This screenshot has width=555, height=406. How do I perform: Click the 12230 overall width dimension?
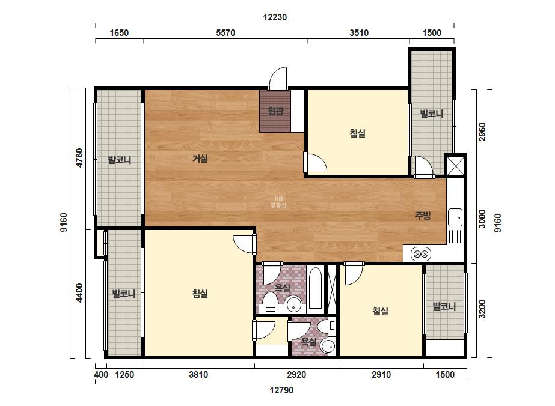[275, 17]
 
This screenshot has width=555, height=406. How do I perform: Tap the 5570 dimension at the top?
[225, 33]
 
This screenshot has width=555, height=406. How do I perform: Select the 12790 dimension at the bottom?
[281, 390]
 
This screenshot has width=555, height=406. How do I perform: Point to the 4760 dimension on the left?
[79, 158]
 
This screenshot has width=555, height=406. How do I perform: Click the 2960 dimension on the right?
[482, 132]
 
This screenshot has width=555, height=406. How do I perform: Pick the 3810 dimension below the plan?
[198, 375]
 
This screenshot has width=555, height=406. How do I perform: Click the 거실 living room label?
[200, 159]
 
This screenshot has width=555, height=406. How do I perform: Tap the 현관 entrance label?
[275, 111]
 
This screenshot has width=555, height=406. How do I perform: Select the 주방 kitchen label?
[423, 216]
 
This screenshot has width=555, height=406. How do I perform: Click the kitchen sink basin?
[455, 217]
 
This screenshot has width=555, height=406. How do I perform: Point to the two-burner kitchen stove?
[420, 254]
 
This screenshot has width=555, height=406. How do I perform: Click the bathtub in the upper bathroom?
[315, 288]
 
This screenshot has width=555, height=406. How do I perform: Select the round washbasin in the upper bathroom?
[294, 305]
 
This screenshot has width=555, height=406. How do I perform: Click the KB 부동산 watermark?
[278, 202]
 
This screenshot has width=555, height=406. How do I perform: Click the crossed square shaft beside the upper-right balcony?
[455, 165]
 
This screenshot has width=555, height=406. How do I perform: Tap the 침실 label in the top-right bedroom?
[358, 133]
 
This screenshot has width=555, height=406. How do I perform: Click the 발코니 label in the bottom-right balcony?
[444, 306]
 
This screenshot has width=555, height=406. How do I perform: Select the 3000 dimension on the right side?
[482, 219]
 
